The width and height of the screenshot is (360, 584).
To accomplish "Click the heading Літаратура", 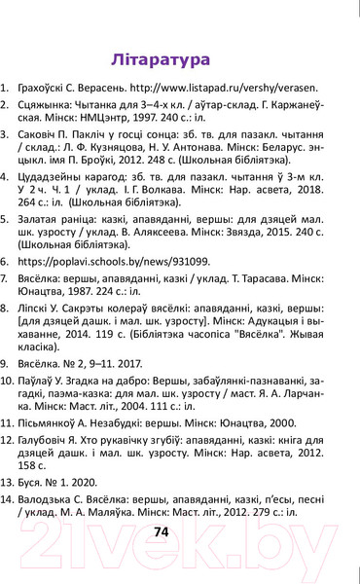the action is (161, 58).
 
